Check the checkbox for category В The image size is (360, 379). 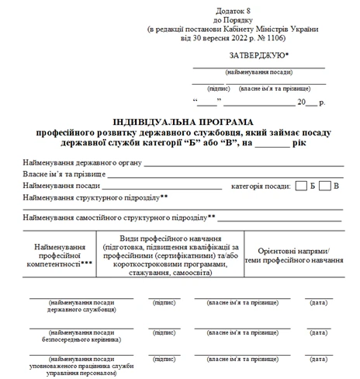[x=326, y=186]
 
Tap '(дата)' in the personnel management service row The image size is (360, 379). [x=317, y=360]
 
